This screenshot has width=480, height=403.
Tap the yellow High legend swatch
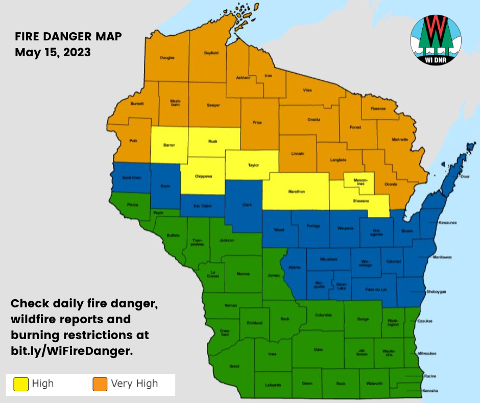tap(20, 384)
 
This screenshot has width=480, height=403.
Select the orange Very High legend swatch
tap(100, 384)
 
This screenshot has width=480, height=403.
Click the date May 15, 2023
tap(53, 52)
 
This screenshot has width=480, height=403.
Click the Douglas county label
tap(167, 58)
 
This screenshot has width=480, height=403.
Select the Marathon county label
tap(297, 192)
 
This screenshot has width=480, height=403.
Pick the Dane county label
tap(318, 349)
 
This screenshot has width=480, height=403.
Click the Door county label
tap(464, 176)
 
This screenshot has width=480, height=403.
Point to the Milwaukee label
tap(427, 353)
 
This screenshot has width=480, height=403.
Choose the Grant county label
tap(234, 366)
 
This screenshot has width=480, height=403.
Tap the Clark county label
tap(247, 205)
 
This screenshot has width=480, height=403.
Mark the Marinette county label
tap(400, 140)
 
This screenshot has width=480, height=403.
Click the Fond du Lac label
tap(376, 289)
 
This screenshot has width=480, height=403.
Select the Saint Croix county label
tap(132, 177)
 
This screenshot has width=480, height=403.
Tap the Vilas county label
tap(307, 90)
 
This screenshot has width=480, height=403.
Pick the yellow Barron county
tap(169, 145)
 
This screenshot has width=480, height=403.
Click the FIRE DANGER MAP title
tap(68, 37)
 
